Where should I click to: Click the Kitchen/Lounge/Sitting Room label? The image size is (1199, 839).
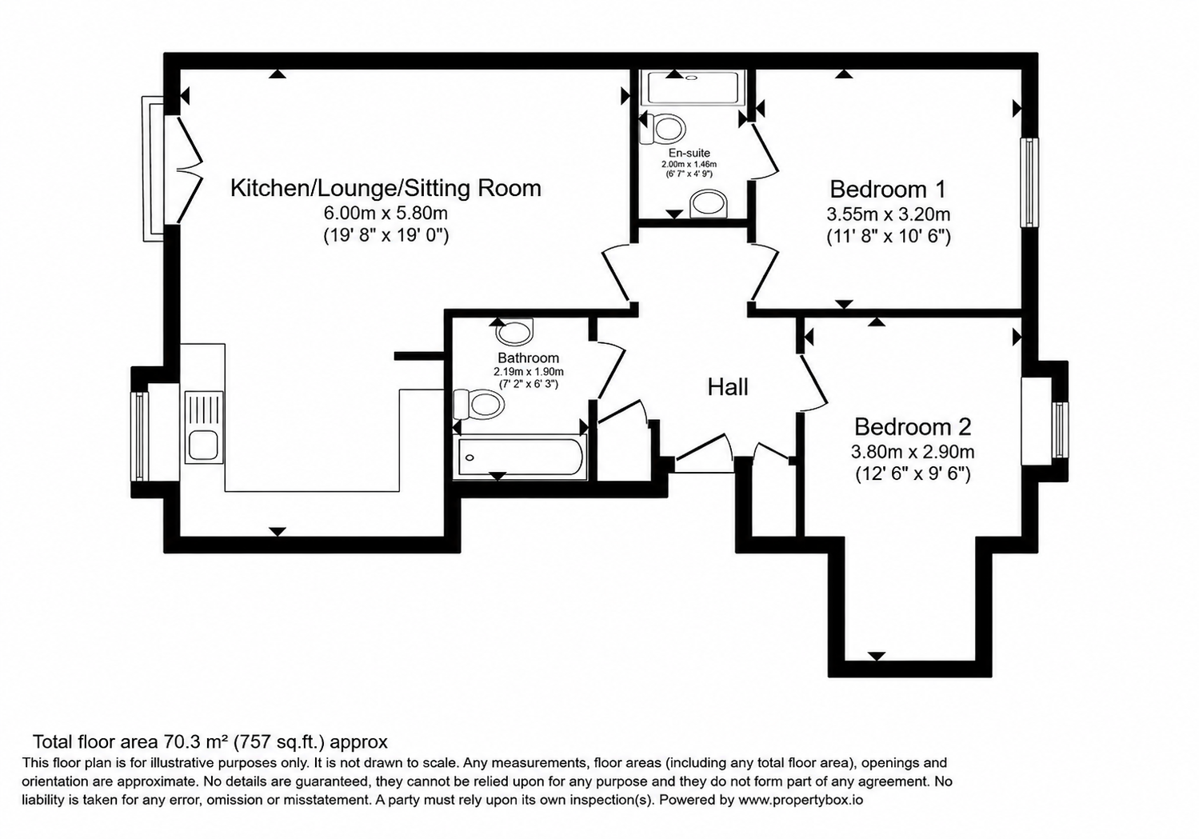[386, 188]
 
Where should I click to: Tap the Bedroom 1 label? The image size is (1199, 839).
[888, 190]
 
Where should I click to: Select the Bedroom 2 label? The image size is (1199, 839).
[913, 427]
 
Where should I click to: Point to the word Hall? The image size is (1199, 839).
[727, 387]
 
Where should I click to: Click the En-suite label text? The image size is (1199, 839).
[689, 153]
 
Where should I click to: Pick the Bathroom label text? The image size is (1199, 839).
[528, 358]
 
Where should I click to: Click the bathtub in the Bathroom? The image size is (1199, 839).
[520, 457]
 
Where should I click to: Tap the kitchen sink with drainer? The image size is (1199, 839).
[204, 427]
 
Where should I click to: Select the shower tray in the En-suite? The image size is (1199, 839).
[693, 87]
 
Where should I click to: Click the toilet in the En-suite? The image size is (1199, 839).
[662, 129]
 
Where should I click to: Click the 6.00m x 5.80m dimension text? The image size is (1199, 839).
[386, 214]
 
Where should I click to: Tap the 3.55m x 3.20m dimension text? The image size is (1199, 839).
[889, 214]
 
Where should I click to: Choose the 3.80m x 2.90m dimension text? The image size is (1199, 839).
[913, 452]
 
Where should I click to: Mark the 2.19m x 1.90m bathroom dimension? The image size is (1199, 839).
[528, 372]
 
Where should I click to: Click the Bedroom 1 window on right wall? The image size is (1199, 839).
[1030, 182]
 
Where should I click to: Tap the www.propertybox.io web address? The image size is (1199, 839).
[801, 800]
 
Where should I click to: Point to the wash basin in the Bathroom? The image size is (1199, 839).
[515, 332]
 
